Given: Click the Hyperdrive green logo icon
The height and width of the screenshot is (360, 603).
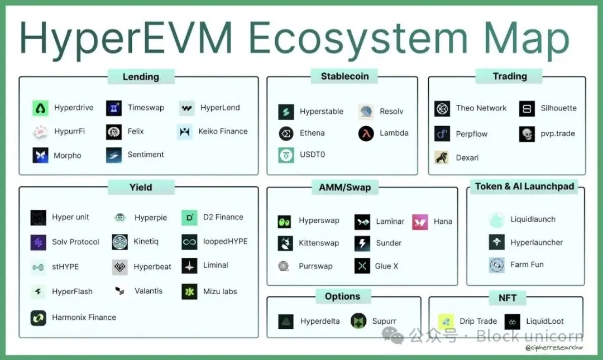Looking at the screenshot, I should click(x=40, y=108).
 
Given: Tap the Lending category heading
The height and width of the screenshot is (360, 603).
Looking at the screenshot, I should click(x=141, y=77).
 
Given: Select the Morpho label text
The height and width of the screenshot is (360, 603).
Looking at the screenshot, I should click(x=67, y=156).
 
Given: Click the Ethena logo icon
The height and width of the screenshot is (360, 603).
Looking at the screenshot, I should click(x=286, y=133).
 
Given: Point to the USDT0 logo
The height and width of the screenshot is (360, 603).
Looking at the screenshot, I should click(x=286, y=155).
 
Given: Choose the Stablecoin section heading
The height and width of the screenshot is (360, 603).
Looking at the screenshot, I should click(x=344, y=76).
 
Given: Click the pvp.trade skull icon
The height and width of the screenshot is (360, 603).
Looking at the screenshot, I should click(x=527, y=134).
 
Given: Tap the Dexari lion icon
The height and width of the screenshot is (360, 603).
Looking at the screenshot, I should click(x=442, y=157).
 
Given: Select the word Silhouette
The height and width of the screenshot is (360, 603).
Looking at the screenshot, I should click(x=558, y=108).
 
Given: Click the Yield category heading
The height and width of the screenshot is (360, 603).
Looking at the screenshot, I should click(x=141, y=188).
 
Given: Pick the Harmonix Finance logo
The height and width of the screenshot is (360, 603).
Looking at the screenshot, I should click(x=39, y=318).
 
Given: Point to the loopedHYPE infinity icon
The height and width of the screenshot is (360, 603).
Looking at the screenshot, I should click(x=189, y=242).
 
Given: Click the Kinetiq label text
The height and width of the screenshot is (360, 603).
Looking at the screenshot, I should click(x=146, y=242).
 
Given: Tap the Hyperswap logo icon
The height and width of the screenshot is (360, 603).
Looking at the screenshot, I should click(x=285, y=221).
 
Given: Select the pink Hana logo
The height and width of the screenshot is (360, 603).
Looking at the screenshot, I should click(x=420, y=222).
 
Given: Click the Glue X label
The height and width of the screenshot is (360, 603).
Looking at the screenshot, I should click(x=386, y=266).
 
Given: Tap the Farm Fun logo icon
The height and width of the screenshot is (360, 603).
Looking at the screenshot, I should click(x=496, y=265).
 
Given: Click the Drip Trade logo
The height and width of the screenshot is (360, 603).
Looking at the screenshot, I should click(x=446, y=321).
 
